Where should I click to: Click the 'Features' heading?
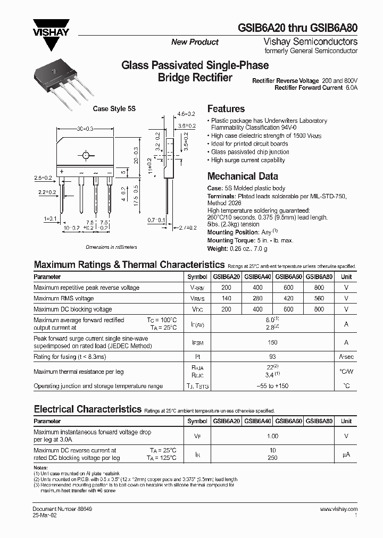coord(226,108)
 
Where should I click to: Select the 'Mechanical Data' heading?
coord(242,176)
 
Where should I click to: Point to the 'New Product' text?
coord(195,42)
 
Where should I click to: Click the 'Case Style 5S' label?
coord(114,108)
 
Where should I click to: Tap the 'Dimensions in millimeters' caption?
coord(111,247)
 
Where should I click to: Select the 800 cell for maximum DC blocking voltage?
coord(320,309)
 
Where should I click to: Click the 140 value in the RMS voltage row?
coord(227,298)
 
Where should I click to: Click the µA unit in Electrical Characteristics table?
coord(346,455)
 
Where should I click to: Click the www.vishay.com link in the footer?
coord(339,509)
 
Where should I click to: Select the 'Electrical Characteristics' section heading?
coord(87,409)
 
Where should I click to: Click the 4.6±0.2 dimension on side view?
coord(186,114)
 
